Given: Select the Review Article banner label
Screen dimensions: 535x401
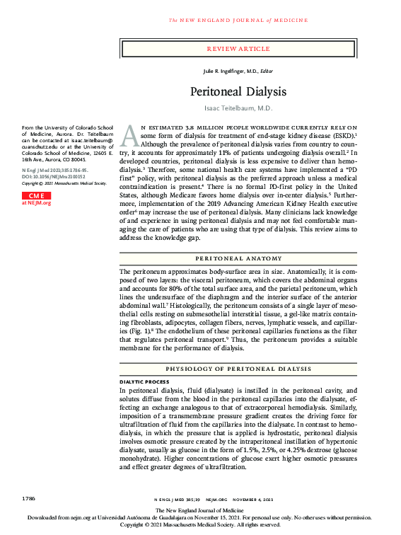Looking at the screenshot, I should click(238, 49).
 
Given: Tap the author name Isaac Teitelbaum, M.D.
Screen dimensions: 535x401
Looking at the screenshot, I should click(238, 108).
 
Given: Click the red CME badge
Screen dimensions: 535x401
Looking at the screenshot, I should click(35, 195).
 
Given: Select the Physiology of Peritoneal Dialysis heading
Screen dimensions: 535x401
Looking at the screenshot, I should click(238, 368).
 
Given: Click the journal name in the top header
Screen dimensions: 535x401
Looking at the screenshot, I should click(237, 20).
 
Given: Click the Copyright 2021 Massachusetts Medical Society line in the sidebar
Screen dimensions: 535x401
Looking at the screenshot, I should click(63, 183).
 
